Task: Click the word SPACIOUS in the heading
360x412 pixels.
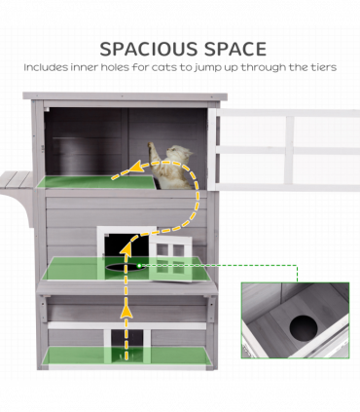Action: (149, 49)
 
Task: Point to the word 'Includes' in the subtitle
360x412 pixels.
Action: (46, 67)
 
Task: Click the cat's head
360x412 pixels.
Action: (179, 152)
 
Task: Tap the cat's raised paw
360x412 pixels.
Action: (152, 146)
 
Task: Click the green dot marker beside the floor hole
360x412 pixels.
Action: (139, 266)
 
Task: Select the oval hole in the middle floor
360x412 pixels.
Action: (123, 267)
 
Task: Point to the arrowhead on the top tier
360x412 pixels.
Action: (137, 167)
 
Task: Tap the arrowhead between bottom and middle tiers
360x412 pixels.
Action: (126, 312)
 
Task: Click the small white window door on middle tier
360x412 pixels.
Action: (171, 258)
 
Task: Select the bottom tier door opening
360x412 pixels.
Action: (126, 344)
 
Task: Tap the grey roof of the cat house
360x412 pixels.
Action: (125, 96)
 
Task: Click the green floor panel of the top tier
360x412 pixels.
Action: (96, 182)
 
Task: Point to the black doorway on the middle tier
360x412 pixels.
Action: (126, 245)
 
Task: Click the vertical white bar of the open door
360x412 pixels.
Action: (289, 149)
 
